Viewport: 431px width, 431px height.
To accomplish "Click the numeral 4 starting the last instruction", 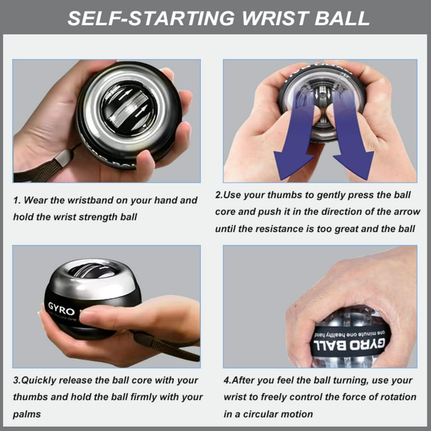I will point(226,380).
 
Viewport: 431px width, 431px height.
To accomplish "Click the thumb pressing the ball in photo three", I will point(104,317).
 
